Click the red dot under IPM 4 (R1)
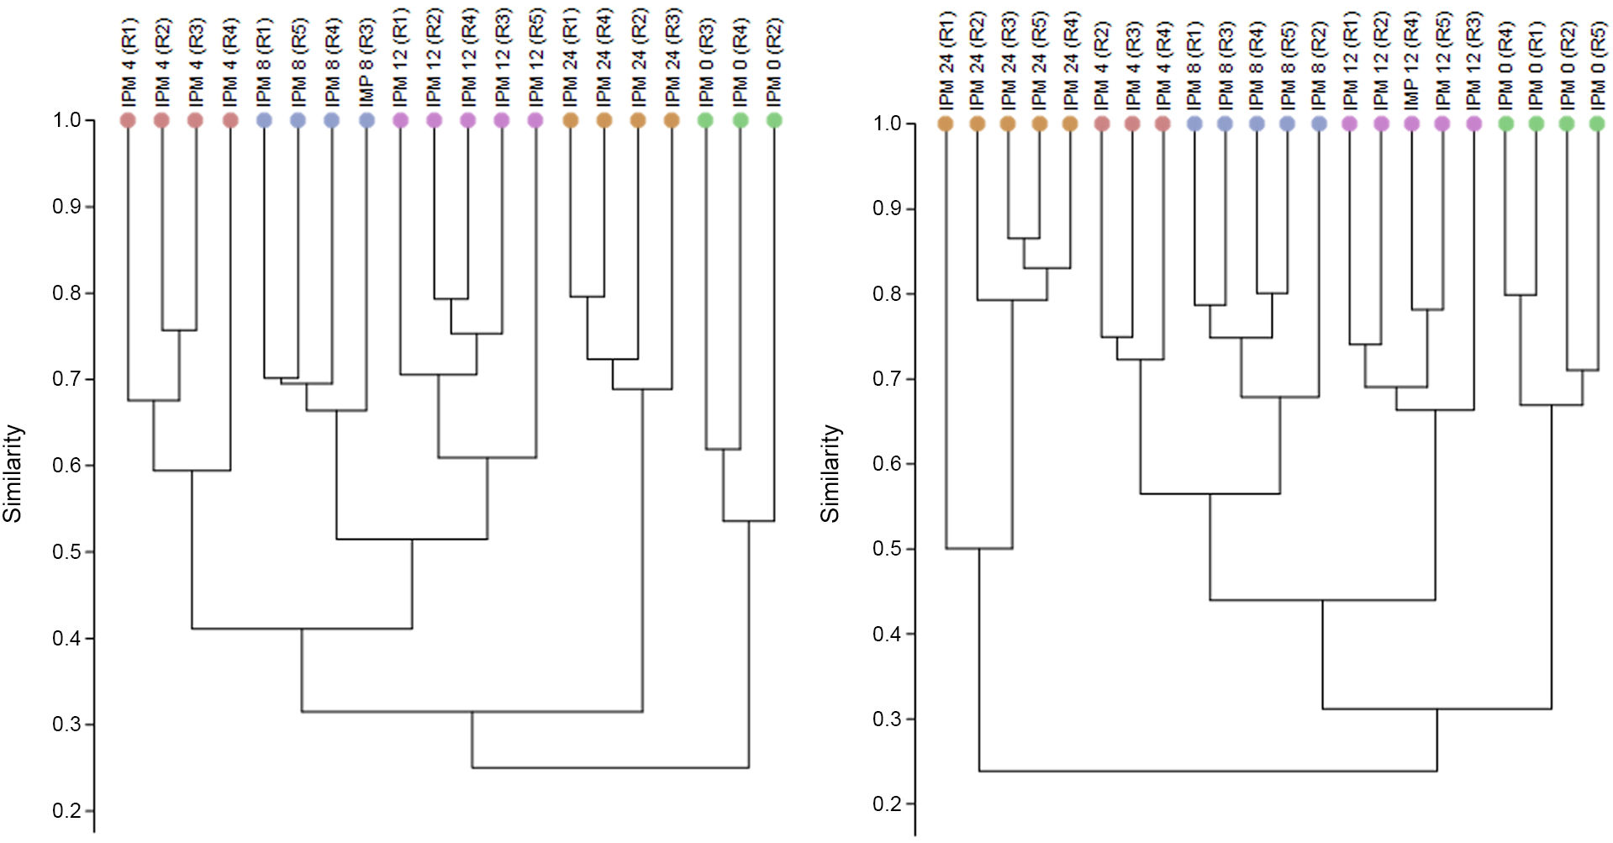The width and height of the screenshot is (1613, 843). [129, 120]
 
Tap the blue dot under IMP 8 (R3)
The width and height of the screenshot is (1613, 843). [366, 120]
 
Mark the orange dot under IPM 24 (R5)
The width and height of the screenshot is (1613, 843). [1040, 124]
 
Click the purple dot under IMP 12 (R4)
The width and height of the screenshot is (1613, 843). [1412, 124]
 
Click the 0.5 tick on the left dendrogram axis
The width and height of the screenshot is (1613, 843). [67, 551]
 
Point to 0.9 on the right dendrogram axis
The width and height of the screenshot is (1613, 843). [888, 208]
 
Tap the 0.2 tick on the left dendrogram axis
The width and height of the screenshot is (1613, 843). [67, 810]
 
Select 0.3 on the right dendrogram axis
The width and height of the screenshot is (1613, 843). [888, 719]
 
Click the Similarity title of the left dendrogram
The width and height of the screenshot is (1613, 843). [13, 473]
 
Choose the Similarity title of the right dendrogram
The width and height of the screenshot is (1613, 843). [830, 473]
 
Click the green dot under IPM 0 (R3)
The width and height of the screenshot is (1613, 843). [706, 120]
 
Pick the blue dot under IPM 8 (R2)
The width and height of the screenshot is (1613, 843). [1319, 124]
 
